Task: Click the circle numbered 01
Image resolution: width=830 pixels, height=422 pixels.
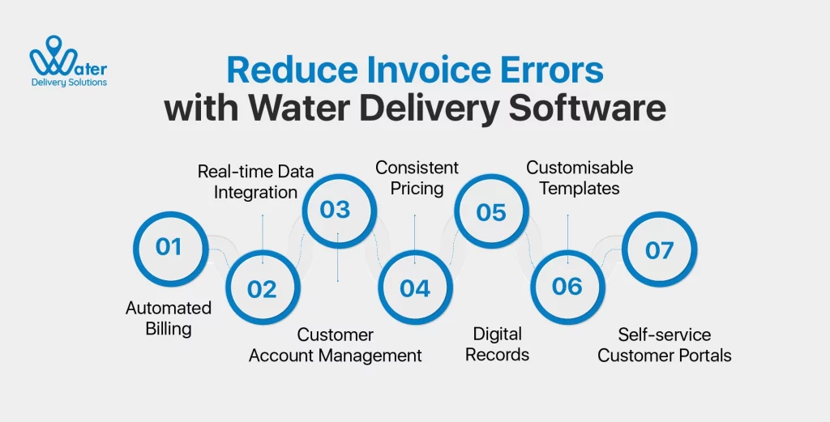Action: pos(169,246)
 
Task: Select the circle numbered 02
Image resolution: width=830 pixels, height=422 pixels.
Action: pos(262,288)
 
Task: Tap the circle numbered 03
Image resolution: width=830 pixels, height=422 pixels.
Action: pos(335,210)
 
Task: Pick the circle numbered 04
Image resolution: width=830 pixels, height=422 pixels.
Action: pos(415,288)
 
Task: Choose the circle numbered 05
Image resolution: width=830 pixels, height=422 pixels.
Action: pos(491,212)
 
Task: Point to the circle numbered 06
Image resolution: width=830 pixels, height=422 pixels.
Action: pos(567,287)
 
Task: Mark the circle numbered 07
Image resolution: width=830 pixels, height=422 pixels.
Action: pos(659,249)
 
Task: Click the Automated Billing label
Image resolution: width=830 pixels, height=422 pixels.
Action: pos(169,318)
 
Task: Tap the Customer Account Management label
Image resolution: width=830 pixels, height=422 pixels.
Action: pos(335,344)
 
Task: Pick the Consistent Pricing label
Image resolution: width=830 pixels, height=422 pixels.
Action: pos(417,178)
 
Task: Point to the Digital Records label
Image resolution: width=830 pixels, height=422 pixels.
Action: pos(498,343)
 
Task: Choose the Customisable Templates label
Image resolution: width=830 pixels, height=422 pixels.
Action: pos(580,178)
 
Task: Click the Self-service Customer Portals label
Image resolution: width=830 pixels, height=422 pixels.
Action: pos(665,344)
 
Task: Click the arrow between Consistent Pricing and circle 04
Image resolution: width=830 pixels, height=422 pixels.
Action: pos(415,238)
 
